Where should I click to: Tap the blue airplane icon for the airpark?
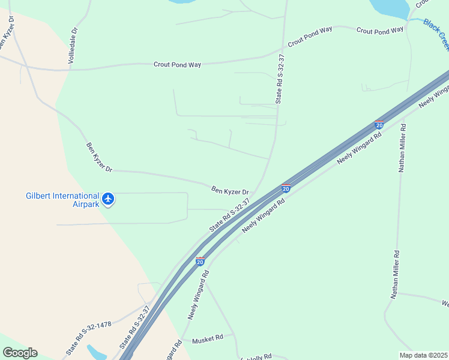[108, 199]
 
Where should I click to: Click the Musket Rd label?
[207, 338]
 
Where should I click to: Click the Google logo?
[20, 353]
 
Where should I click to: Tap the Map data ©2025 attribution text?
[423, 355]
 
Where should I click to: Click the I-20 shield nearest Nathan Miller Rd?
[379, 125]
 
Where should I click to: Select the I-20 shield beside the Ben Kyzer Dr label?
[286, 188]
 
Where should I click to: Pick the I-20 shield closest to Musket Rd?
[200, 262]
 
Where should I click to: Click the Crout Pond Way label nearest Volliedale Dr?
[177, 64]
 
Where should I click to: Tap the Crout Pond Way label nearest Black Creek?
[380, 31]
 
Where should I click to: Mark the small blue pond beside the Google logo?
[96, 352]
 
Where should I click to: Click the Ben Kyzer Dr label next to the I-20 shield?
[230, 190]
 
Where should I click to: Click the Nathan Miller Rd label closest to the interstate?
[403, 148]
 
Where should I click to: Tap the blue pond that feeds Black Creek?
[390, 7]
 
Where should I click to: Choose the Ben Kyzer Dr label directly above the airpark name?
[99, 157]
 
